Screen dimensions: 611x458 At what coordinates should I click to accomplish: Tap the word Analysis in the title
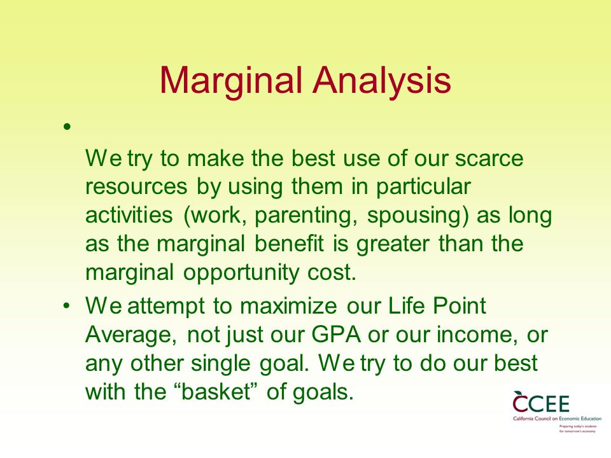pyautogui.click(x=382, y=81)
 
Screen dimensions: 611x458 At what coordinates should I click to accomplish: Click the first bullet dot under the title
pyautogui.click(x=67, y=127)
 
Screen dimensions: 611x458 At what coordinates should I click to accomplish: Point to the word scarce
pyautogui.click(x=489, y=158)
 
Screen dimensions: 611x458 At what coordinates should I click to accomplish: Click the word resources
pyautogui.click(x=136, y=187)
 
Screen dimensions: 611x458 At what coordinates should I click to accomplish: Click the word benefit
pyautogui.click(x=289, y=244)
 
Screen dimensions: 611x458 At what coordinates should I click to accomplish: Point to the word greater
pyautogui.click(x=393, y=244)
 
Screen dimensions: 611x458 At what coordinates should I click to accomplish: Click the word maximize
pyautogui.click(x=288, y=306)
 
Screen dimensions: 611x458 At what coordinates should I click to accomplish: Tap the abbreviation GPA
pyautogui.click(x=336, y=335)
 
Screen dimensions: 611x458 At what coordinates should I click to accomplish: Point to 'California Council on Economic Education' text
pyautogui.click(x=558, y=419)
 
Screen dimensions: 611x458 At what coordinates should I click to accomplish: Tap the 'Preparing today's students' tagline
pyautogui.click(x=578, y=426)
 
